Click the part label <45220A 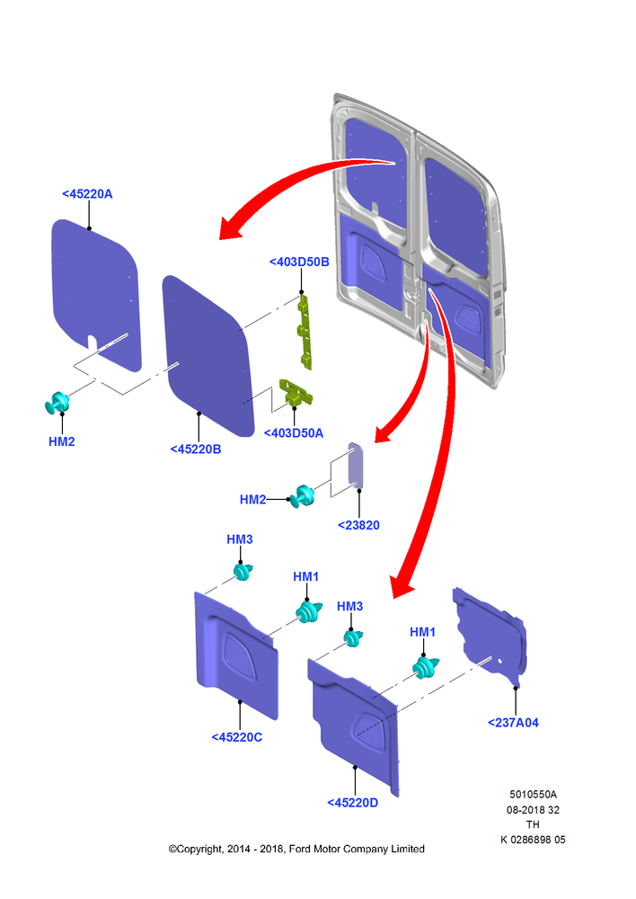(x=87, y=194)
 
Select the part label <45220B (x=196, y=449)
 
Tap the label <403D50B (x=299, y=262)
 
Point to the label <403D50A (x=294, y=433)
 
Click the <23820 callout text (x=358, y=525)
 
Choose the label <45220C (x=236, y=737)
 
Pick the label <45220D (x=352, y=802)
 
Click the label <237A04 (x=513, y=723)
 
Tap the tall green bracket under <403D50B (x=305, y=332)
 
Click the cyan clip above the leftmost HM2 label (x=57, y=403)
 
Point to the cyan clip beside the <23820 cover (x=302, y=496)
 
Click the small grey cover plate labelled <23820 (x=356, y=465)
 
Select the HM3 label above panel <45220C (x=240, y=539)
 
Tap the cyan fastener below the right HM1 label (x=426, y=667)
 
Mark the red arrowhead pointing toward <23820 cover (x=383, y=434)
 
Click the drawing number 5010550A (x=533, y=794)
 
